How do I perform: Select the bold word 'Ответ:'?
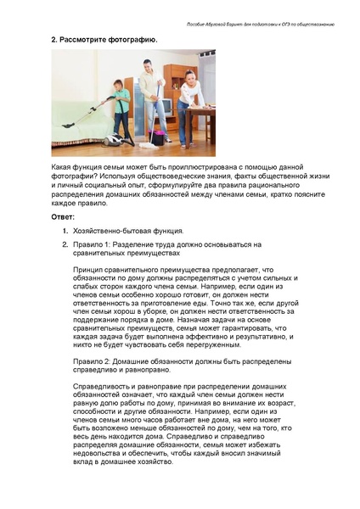pyautogui.click(x=64, y=218)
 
